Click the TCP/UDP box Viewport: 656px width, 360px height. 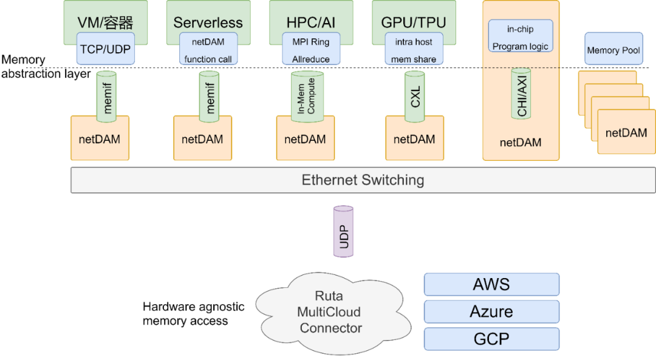coord(105,49)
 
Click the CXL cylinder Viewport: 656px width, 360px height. coord(415,97)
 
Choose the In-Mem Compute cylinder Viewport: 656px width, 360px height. coord(307,97)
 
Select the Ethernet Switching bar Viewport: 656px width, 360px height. coord(363,180)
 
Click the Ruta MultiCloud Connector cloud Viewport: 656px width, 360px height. coord(329,311)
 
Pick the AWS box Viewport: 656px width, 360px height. coord(491,284)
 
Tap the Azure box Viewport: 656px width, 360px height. coord(491,311)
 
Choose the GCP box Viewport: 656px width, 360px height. coord(491,339)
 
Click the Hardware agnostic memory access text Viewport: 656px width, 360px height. coord(193,313)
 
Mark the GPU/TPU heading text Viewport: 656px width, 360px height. coord(414,22)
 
